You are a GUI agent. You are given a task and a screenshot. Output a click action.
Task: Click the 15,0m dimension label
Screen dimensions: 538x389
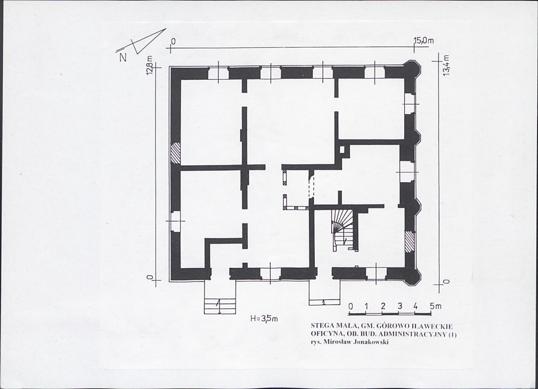pyautogui.click(x=424, y=41)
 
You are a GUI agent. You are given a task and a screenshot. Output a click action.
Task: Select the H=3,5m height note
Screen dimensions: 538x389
pyautogui.click(x=264, y=319)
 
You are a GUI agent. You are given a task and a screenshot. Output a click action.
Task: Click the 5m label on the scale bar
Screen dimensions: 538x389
pyautogui.click(x=436, y=306)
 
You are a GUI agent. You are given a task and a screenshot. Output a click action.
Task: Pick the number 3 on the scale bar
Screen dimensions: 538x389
pyautogui.click(x=399, y=306)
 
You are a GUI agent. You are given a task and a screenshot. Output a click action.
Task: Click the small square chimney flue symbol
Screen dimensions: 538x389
pyautogui.click(x=342, y=150)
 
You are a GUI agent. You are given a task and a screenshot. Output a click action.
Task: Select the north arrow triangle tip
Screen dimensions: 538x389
pyautogui.click(x=166, y=29)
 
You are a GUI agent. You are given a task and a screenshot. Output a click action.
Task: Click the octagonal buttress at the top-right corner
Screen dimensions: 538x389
pyautogui.click(x=412, y=70)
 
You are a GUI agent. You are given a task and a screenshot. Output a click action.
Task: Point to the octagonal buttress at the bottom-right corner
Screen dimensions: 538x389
pyautogui.click(x=412, y=276)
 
